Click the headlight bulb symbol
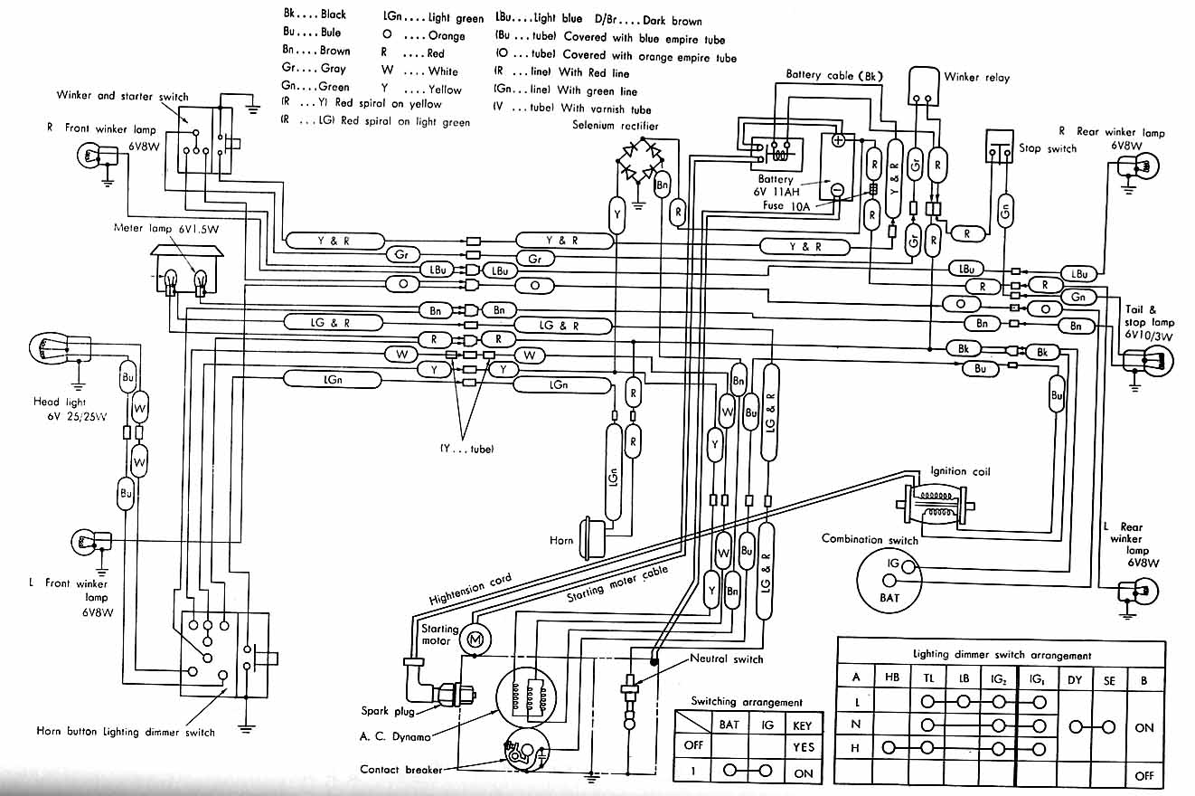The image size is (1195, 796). [x=51, y=347]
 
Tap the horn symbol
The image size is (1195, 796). [x=592, y=535]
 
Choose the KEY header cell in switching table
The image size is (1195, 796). [x=802, y=725]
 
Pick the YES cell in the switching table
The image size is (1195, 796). [x=802, y=747]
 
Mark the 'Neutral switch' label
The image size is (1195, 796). [x=726, y=659]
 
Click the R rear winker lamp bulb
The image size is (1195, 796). [x=1140, y=167]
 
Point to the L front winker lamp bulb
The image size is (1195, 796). [x=88, y=542]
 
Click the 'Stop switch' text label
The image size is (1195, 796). [x=1048, y=148]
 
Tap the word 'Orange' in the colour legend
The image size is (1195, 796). [x=447, y=36]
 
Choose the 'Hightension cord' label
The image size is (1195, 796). [x=470, y=590]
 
